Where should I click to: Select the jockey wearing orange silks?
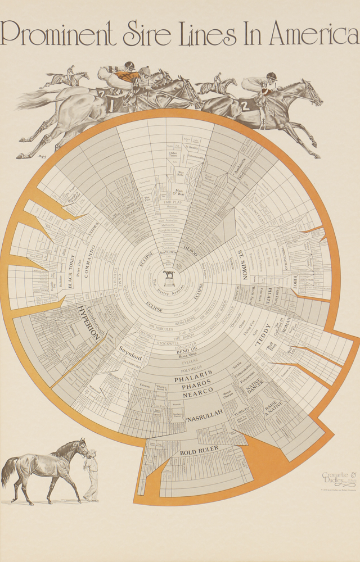[129, 75]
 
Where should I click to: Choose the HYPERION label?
[89, 324]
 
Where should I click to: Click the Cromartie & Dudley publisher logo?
[339, 478]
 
